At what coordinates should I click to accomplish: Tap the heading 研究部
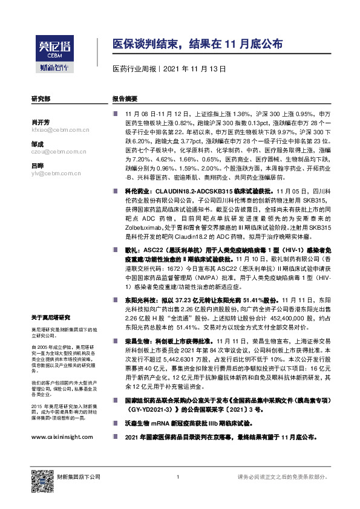41,98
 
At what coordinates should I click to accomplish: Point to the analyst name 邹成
38,144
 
